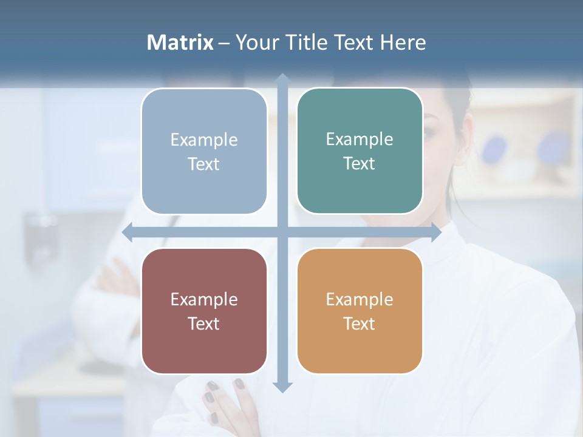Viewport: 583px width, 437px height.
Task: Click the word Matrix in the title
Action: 180,42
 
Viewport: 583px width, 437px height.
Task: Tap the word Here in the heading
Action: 403,42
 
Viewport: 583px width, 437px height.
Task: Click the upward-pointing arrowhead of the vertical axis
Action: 282,78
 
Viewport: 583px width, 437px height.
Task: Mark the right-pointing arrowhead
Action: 435,232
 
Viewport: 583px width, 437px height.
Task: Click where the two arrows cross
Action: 282,232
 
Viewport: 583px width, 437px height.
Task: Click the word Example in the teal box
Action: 360,139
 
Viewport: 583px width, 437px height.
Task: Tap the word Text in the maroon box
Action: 204,324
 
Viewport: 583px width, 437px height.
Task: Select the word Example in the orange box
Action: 360,299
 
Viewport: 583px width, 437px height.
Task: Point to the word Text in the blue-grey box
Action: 204,164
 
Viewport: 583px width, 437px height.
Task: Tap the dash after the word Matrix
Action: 224,43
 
